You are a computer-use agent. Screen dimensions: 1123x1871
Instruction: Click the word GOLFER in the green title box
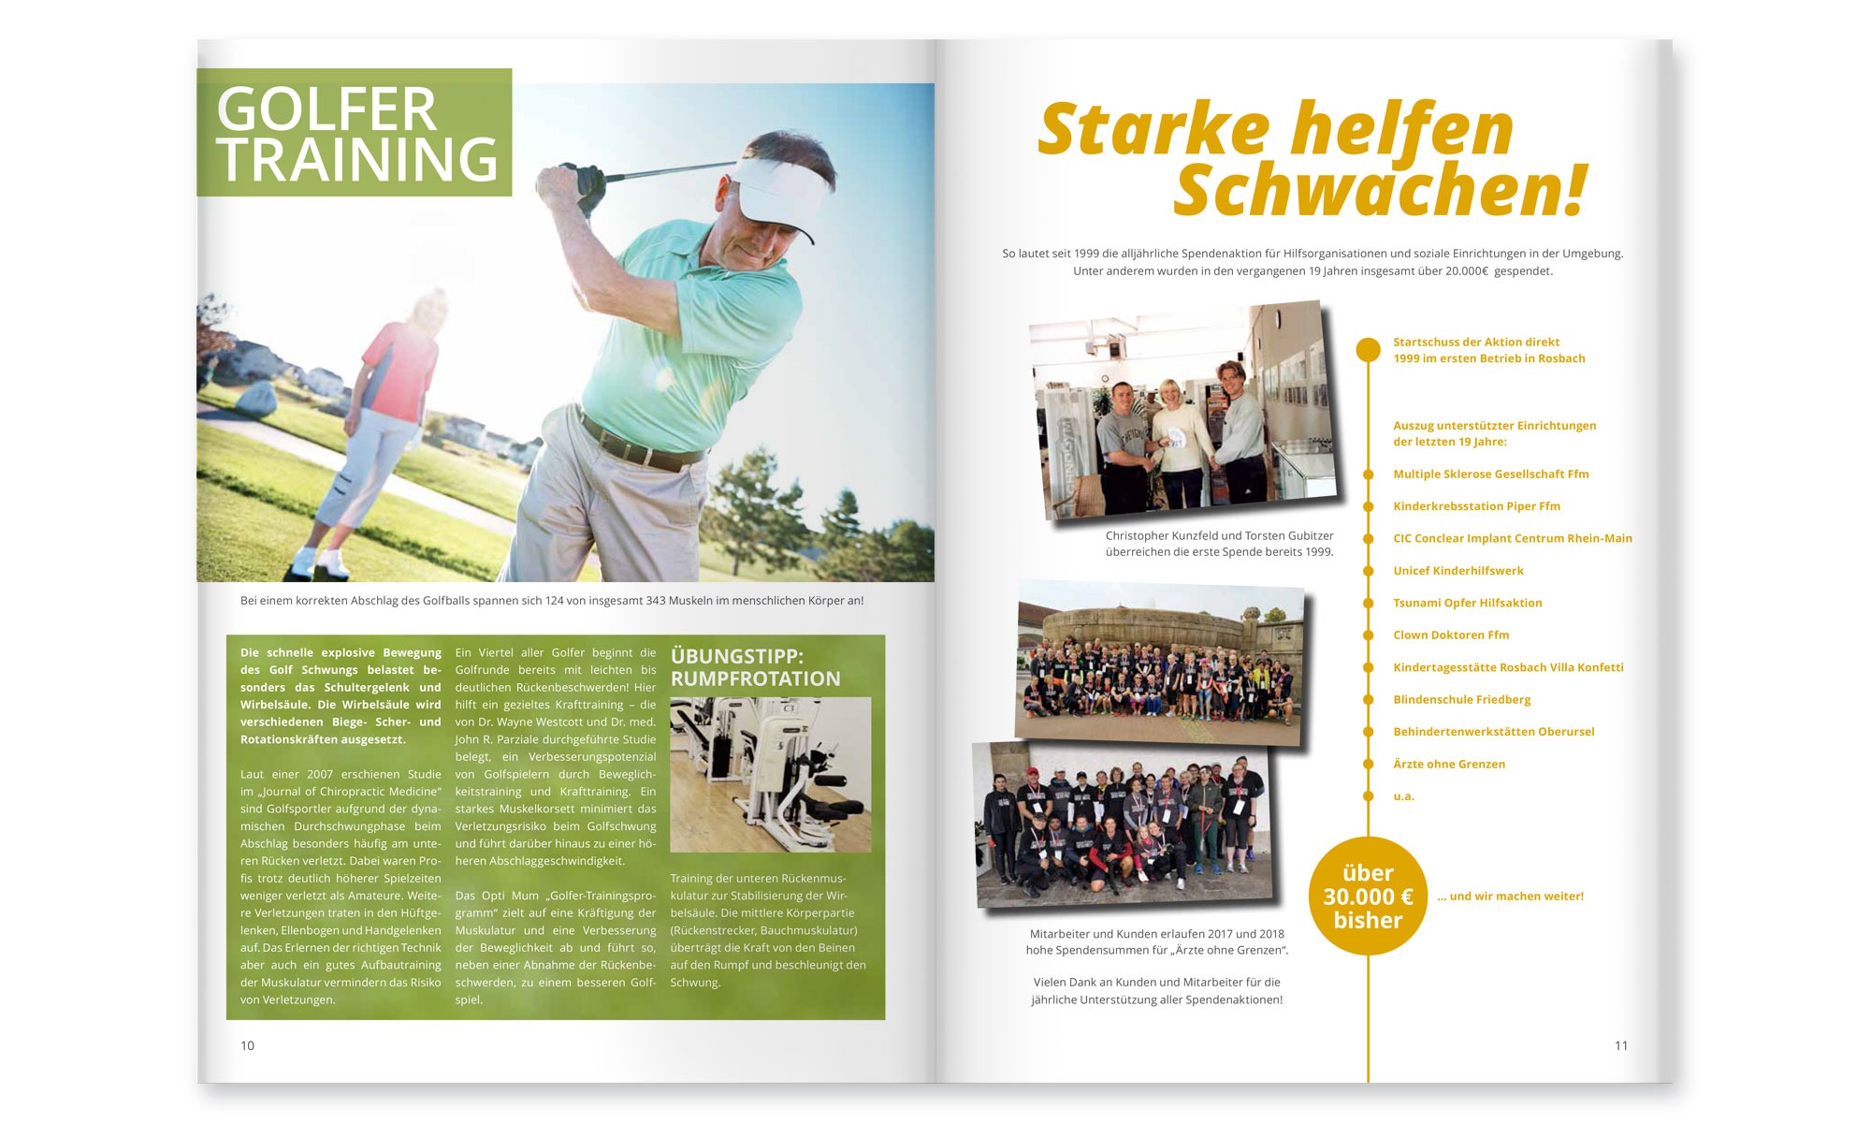point(326,109)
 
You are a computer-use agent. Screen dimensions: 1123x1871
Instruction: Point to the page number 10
point(247,1045)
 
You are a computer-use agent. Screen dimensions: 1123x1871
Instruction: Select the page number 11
point(1621,1045)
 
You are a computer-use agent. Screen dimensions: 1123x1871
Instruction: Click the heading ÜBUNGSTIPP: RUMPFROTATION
point(755,667)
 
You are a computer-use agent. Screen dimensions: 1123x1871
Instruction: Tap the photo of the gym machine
point(770,774)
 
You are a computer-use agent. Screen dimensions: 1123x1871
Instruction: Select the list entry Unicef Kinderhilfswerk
point(1458,571)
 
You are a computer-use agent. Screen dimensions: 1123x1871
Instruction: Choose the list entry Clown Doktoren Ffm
point(1451,635)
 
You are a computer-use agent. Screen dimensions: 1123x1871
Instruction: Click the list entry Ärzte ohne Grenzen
point(1449,765)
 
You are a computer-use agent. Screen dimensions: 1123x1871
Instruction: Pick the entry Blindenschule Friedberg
point(1461,700)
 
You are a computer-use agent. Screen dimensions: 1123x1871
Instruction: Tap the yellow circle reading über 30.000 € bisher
point(1368,897)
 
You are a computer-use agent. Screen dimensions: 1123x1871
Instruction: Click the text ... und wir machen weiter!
point(1510,897)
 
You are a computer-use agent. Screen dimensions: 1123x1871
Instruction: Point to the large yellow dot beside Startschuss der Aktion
point(1368,350)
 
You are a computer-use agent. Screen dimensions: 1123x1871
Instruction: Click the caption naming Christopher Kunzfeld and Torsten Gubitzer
point(1219,544)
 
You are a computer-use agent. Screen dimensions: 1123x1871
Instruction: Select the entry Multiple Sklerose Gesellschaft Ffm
point(1490,474)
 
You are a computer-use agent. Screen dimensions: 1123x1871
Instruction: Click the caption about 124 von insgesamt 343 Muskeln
point(552,601)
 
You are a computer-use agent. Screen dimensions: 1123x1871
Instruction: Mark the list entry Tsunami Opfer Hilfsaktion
point(1467,604)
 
